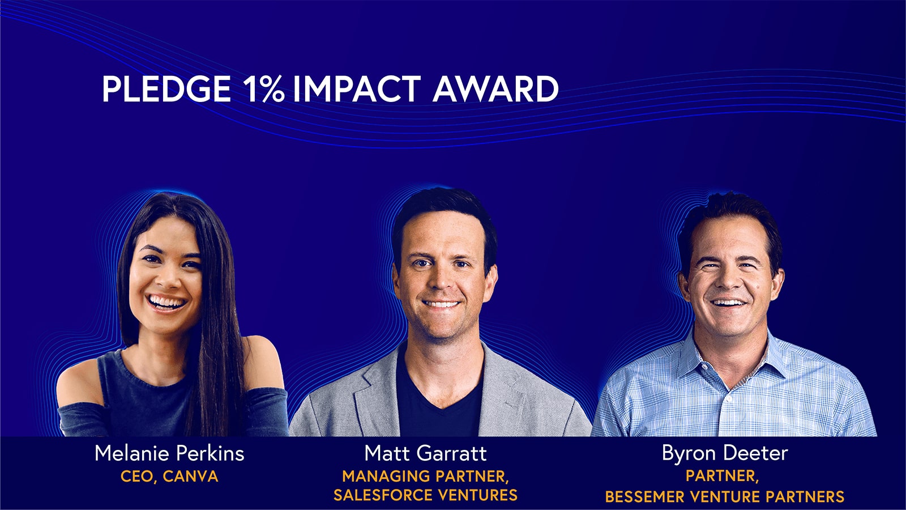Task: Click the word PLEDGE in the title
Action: tap(166, 89)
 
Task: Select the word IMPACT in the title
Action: tap(356, 89)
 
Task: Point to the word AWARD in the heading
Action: tap(495, 89)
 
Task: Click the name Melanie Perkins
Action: tap(169, 453)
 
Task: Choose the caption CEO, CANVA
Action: tap(169, 476)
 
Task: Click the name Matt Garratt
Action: tap(425, 453)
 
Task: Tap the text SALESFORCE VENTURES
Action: tap(425, 495)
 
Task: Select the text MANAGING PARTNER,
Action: tap(425, 476)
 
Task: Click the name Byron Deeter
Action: tap(725, 453)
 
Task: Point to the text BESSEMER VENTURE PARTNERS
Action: tap(725, 497)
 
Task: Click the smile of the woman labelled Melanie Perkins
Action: tap(165, 303)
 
